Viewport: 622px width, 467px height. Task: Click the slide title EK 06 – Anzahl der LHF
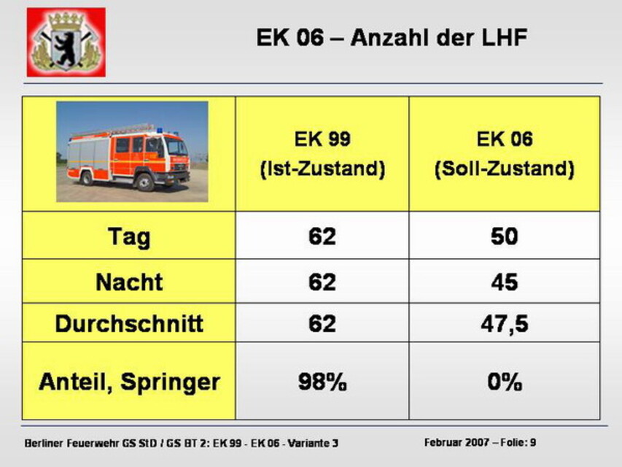coord(392,38)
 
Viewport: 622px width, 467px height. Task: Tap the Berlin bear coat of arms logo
coord(66,42)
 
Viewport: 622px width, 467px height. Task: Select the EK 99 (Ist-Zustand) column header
coord(322,154)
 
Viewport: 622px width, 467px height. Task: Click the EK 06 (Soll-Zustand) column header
coord(505,154)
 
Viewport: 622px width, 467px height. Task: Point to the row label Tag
coord(129,236)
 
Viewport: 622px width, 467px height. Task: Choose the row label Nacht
coord(129,282)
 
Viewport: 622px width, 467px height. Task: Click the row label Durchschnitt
coord(129,323)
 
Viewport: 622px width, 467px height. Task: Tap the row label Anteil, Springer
coord(129,382)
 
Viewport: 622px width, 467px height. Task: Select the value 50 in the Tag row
coord(504,236)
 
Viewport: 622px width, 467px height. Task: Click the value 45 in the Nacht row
coord(504,282)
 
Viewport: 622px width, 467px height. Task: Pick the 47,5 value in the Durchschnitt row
coord(505,324)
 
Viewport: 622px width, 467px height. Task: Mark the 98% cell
coord(322,382)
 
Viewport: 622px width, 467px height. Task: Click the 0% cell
coord(505,382)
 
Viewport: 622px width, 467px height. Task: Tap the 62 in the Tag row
coord(322,236)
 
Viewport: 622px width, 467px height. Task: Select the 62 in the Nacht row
coord(322,282)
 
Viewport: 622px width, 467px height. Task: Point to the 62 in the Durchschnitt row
coord(322,323)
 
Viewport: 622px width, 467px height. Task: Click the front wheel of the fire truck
coord(144,182)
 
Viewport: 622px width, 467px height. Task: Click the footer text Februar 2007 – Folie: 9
coord(480,442)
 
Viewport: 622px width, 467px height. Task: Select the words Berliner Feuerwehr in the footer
coord(71,443)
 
